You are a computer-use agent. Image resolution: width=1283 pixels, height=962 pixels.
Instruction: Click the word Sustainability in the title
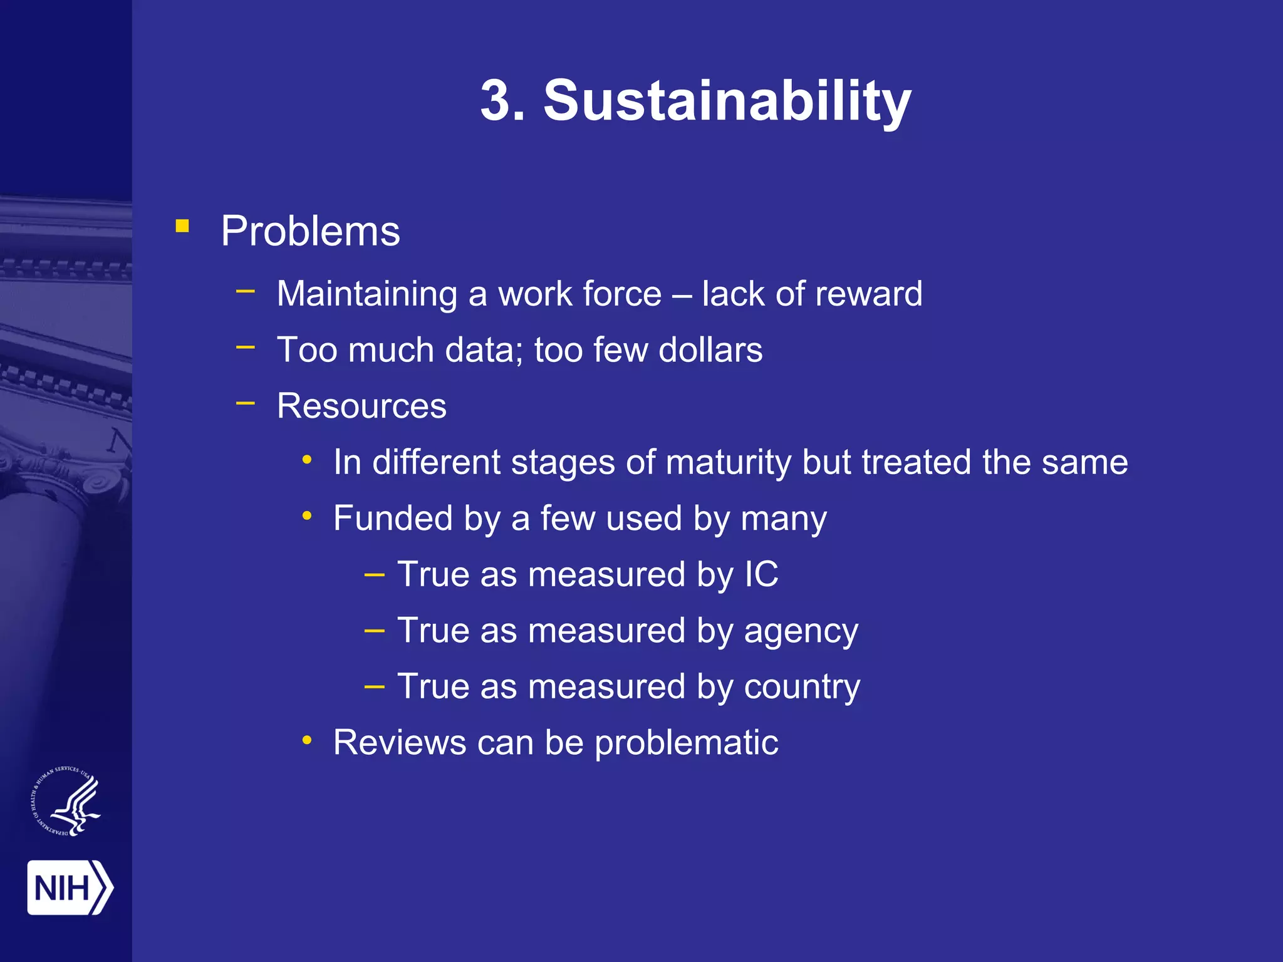pos(727,101)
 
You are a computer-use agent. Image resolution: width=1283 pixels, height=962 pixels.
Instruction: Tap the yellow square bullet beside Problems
pos(182,226)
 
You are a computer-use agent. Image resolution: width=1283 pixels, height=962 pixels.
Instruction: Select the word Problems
pos(310,232)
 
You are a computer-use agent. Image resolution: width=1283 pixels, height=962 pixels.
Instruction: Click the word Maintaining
pos(367,294)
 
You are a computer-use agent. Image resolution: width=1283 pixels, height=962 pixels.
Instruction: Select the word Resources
pos(361,406)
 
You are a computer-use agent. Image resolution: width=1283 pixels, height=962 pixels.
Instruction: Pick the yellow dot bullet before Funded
pos(307,516)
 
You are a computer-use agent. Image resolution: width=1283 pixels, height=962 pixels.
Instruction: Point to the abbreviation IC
pos(761,574)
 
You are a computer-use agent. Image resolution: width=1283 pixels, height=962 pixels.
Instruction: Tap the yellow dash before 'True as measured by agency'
pos(374,629)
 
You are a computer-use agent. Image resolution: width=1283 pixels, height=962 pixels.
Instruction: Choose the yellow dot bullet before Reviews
pos(307,741)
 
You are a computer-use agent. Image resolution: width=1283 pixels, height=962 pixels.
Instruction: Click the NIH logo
pos(70,887)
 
